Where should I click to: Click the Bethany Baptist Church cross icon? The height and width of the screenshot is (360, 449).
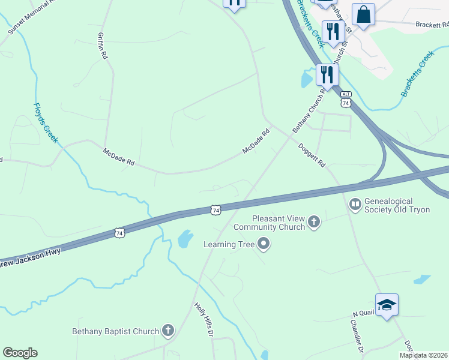coord(168,331)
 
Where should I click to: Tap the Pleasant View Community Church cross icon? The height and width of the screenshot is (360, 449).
coord(313,223)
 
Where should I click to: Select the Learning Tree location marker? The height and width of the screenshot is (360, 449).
coord(263,244)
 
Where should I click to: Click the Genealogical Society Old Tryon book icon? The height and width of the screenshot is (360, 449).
coord(355,205)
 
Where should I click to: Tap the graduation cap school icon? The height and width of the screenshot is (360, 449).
coord(387,305)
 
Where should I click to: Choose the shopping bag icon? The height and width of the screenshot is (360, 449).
coord(363,14)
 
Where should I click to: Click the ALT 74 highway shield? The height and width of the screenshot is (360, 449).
coord(345,100)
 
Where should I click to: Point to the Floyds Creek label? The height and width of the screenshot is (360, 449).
coord(46,123)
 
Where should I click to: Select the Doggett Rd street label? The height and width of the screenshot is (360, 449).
coord(312,155)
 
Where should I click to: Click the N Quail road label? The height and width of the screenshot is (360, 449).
coord(363,314)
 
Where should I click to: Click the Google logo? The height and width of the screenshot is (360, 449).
coord(20,353)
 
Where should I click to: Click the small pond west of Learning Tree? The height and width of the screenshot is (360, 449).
coord(185,239)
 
